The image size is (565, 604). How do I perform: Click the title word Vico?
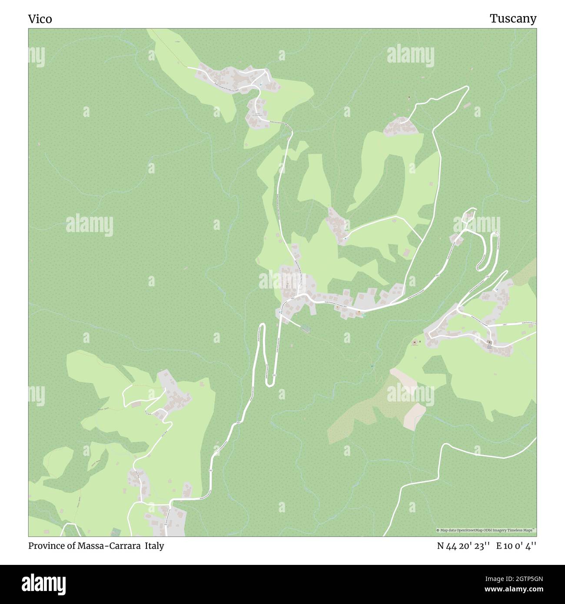[x=40, y=19]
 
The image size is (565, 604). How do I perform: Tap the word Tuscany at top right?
[x=513, y=18]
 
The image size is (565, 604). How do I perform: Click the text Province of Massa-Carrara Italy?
[x=96, y=546]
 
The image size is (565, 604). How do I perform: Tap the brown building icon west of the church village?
[x=414, y=342]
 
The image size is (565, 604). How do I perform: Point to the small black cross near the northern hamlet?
[x=409, y=97]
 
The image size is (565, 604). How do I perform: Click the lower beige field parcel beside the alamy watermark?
[x=414, y=416]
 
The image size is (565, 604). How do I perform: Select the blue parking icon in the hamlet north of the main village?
[x=345, y=238]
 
